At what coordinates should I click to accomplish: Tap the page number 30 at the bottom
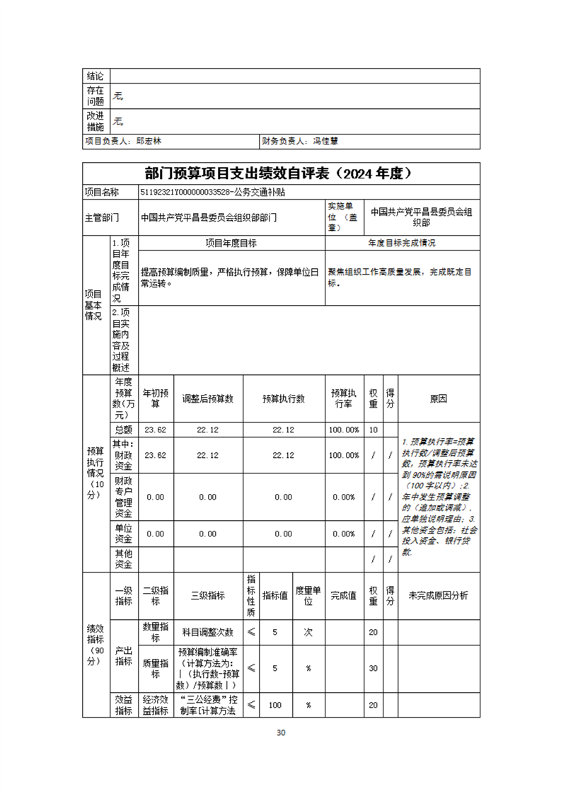[x=281, y=732]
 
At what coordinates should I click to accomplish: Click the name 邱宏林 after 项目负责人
[x=149, y=142]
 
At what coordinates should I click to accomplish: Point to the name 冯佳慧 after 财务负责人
[x=325, y=142]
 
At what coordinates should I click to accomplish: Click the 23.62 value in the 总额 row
[x=155, y=430]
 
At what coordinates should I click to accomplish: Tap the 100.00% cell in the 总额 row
[x=344, y=430]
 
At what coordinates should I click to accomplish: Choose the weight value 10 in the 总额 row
[x=373, y=430]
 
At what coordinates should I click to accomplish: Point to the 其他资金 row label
[x=124, y=558]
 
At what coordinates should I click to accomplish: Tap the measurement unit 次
[x=308, y=632]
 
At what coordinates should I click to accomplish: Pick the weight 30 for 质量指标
[x=373, y=668]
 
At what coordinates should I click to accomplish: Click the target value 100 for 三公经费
[x=275, y=705]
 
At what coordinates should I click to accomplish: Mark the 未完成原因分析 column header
[x=439, y=596]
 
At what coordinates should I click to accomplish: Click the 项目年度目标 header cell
[x=231, y=243]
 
